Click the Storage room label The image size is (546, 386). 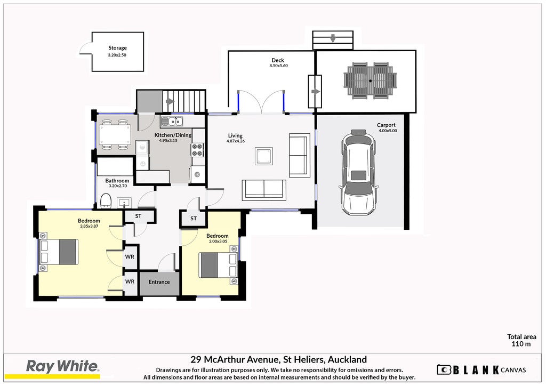[x=117, y=48]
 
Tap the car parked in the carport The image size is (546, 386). [x=358, y=173]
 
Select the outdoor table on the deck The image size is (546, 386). [x=370, y=81]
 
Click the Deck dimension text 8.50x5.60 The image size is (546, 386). [x=278, y=66]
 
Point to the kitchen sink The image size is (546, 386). [x=171, y=122]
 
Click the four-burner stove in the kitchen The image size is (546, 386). [x=197, y=150]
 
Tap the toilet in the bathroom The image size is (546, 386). [x=106, y=201]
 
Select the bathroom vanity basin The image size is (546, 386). [x=124, y=202]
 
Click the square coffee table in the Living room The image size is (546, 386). [x=263, y=156]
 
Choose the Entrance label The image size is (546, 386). [x=159, y=282]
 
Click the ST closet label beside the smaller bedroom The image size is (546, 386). [x=194, y=219]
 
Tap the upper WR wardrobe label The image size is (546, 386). [x=130, y=257]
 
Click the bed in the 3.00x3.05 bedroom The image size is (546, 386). [x=218, y=265]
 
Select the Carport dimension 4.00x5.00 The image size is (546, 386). [x=388, y=131]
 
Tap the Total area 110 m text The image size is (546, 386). [x=521, y=340]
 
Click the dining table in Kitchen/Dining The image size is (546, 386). [x=115, y=135]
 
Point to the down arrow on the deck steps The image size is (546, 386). [x=333, y=38]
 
